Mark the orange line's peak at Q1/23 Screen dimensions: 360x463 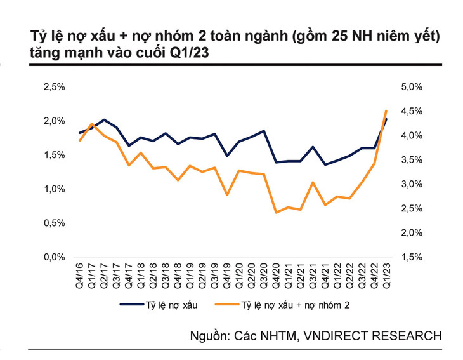[x=386, y=110]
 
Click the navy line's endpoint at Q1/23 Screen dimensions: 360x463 [x=386, y=119]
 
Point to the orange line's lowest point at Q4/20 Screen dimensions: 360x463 [x=276, y=212]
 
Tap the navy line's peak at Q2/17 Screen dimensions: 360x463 [x=104, y=119]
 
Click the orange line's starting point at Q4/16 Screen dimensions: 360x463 [x=80, y=140]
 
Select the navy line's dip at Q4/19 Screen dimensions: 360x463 [x=227, y=155]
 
